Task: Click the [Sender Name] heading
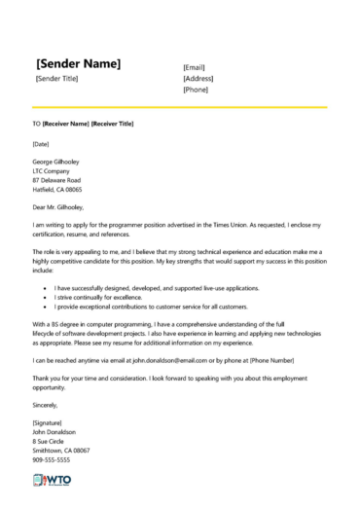(78, 63)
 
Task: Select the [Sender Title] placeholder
(56, 78)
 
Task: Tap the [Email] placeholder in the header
(196, 67)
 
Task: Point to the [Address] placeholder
(198, 78)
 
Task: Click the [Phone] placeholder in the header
(197, 90)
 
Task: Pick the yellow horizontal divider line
(180, 106)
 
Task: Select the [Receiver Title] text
(112, 125)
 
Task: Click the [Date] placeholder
(41, 144)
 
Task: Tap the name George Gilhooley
(55, 161)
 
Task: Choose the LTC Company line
(52, 170)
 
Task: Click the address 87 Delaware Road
(56, 180)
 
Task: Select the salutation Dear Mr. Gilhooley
(58, 207)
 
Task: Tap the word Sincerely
(46, 404)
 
